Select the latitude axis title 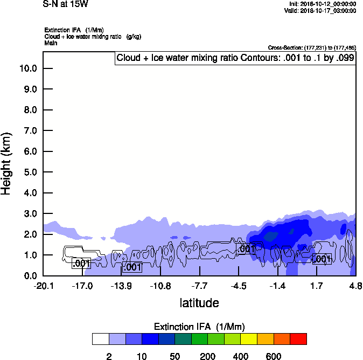[199, 303]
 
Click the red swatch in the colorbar [298, 339]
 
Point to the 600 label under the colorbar [274, 356]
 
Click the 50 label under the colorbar [174, 356]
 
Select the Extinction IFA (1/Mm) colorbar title [199, 327]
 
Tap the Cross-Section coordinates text [312, 47]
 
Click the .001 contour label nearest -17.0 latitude [81, 264]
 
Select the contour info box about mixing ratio [235, 58]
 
